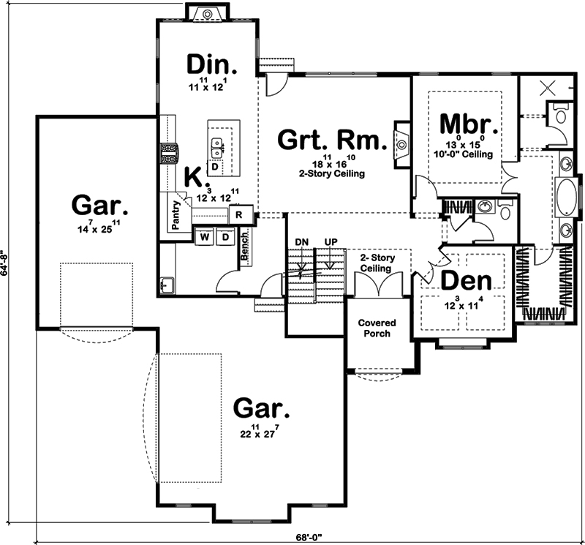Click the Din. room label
tap(212, 65)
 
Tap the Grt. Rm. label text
tap(331, 140)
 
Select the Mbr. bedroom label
tap(469, 124)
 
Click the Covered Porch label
tap(377, 328)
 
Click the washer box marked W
tap(204, 237)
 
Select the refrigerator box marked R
tap(241, 215)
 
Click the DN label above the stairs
tap(301, 242)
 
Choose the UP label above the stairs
tap(331, 242)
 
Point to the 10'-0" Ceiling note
tap(468, 155)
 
